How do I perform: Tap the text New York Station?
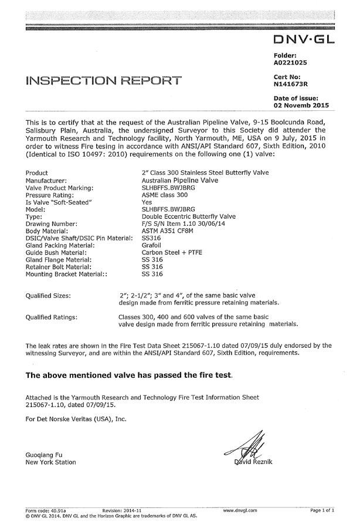(51, 462)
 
